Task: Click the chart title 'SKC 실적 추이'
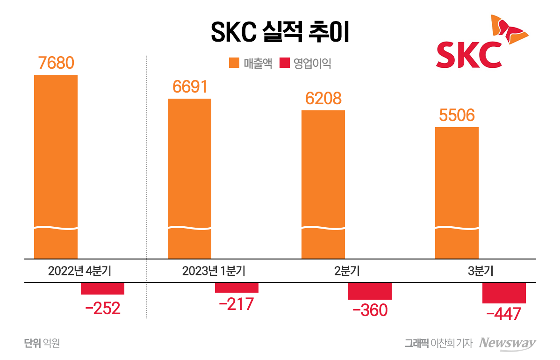[280, 32]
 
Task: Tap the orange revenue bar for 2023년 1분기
[189, 178]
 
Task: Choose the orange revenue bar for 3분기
[457, 192]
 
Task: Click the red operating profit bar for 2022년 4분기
[102, 288]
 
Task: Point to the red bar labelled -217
[237, 288]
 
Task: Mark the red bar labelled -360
[370, 291]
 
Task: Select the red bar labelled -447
[504, 293]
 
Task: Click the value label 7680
[56, 63]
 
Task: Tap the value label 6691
[189, 87]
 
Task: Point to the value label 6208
[323, 99]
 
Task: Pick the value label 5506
[457, 115]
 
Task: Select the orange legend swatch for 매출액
[234, 63]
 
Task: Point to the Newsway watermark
[508, 343]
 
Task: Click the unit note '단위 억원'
[42, 343]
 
